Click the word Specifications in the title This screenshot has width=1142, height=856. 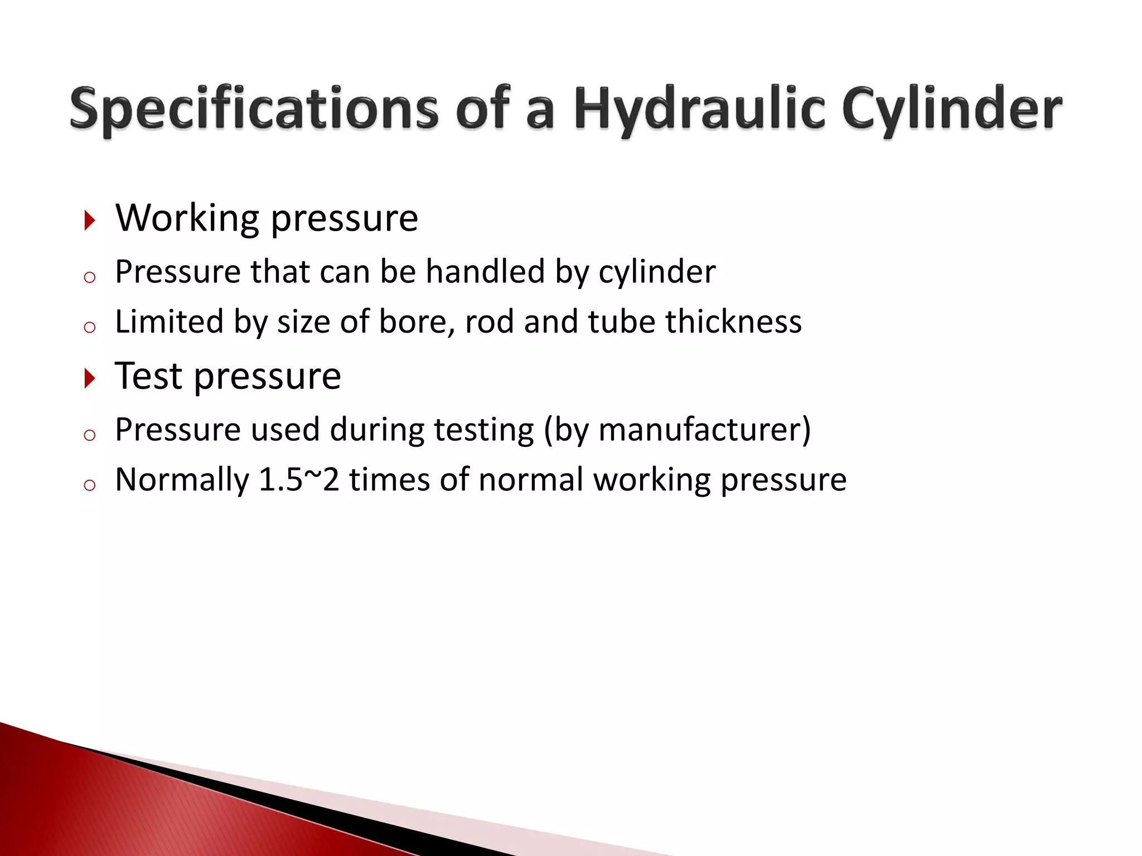pos(254,109)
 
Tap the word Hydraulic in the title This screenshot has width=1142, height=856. pos(699,109)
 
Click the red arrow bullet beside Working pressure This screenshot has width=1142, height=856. pos(90,220)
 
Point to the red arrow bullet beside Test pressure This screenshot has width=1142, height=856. pos(90,378)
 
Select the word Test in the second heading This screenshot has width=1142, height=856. pos(148,376)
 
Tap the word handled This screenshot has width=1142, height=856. pos(485,272)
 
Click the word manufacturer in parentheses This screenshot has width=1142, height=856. pos(700,430)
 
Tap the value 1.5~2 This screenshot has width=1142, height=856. pos(299,480)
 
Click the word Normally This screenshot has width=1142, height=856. pos(182,481)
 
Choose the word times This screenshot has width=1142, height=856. pos(389,480)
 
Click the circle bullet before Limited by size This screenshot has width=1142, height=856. pos(90,327)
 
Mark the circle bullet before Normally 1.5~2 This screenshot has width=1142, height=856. pos(90,485)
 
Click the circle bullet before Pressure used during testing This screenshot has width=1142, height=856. pos(90,435)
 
